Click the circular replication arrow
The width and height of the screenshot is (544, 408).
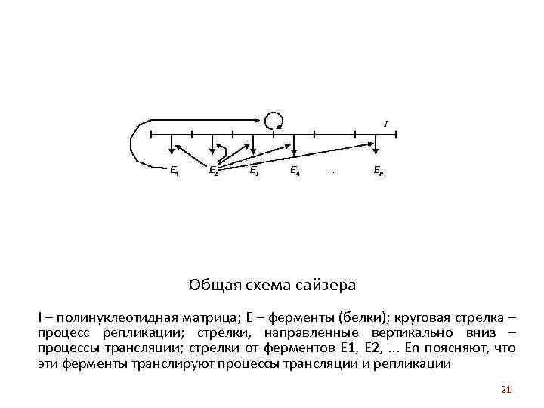(274, 120)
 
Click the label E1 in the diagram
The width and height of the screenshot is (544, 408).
(175, 170)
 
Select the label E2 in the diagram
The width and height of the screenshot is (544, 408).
(214, 170)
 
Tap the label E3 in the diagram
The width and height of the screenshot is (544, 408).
(255, 170)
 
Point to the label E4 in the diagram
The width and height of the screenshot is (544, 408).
(295, 170)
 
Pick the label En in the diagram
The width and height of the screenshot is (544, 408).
(378, 170)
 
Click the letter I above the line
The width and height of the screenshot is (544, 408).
(386, 122)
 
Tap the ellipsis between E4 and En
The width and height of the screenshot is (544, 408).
(334, 172)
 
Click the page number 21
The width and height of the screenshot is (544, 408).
(506, 390)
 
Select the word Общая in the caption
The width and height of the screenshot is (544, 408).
(211, 286)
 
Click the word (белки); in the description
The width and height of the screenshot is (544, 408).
(365, 317)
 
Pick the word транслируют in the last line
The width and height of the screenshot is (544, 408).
(174, 363)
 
